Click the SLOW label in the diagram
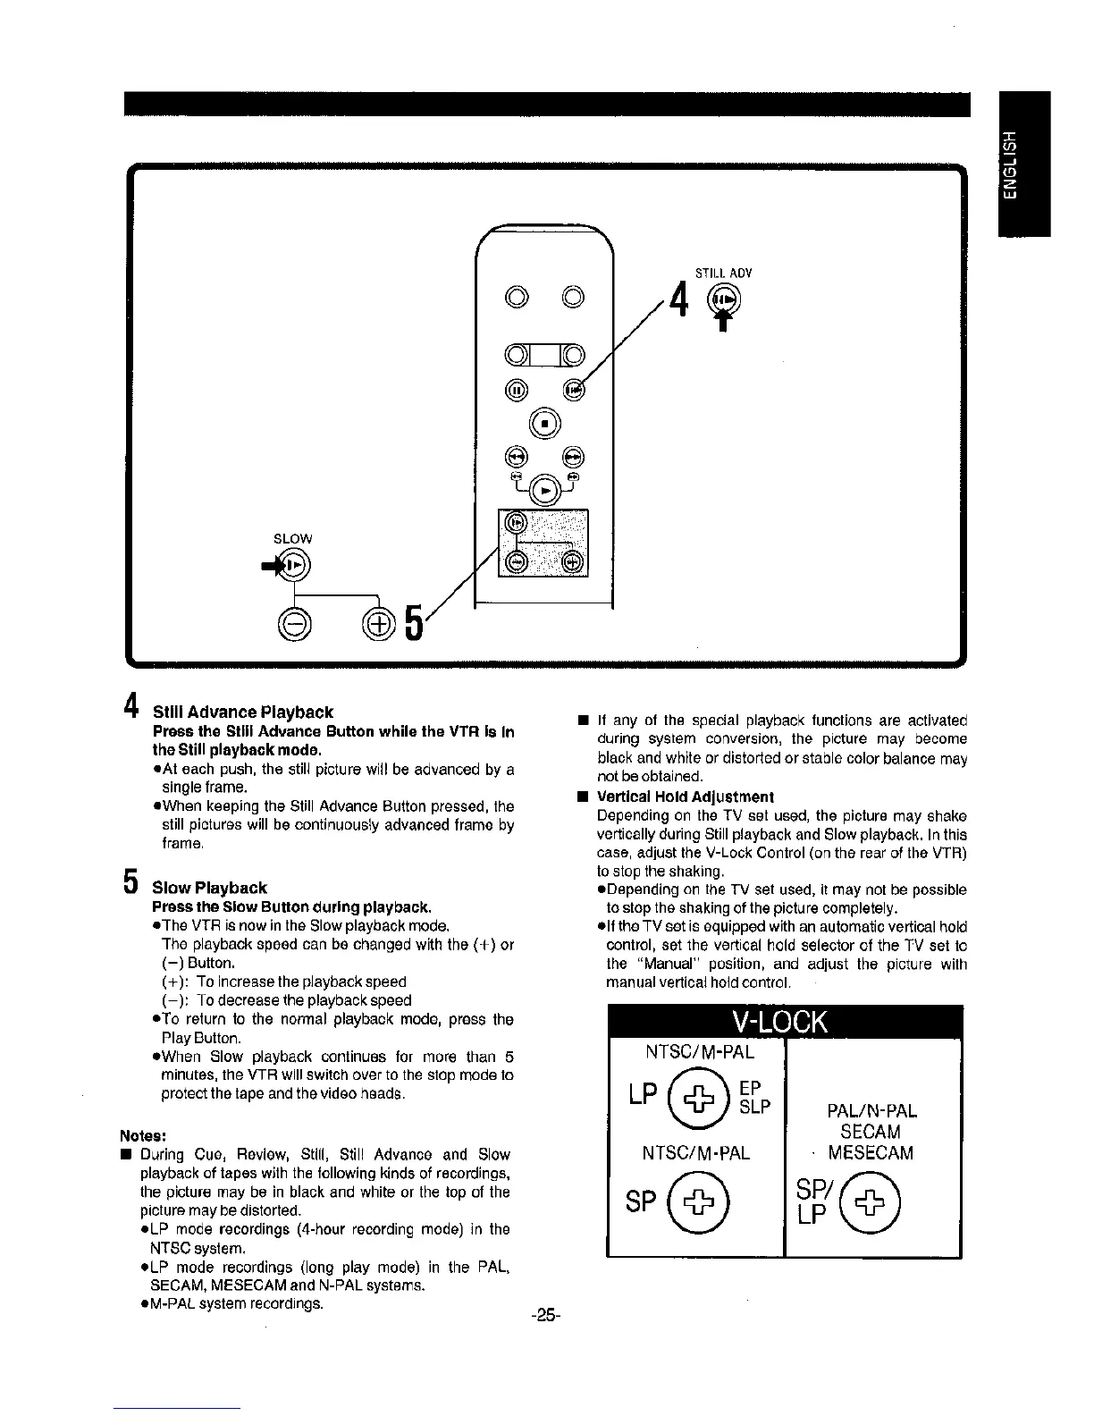(x=292, y=538)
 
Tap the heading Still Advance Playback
(x=243, y=712)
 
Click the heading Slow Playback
(x=209, y=888)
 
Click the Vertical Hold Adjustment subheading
(x=685, y=796)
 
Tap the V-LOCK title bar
(x=784, y=1022)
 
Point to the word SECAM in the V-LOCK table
(x=871, y=1133)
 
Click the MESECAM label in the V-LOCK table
(x=871, y=1153)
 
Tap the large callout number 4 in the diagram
(x=681, y=299)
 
